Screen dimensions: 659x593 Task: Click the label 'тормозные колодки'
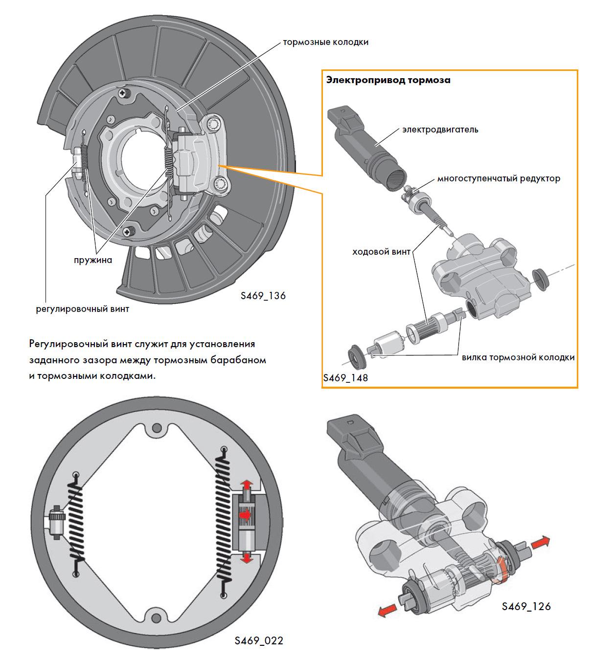(x=325, y=42)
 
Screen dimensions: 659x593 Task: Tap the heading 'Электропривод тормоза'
(x=388, y=80)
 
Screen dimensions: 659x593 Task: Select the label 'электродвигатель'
(x=440, y=130)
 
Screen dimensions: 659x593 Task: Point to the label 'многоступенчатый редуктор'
(x=499, y=178)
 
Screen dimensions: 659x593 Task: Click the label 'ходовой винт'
(x=381, y=252)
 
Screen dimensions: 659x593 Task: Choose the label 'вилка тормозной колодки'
(x=518, y=357)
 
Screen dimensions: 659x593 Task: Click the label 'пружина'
(x=93, y=260)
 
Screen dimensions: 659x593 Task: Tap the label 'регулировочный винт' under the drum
(x=83, y=309)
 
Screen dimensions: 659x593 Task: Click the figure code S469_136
(x=263, y=296)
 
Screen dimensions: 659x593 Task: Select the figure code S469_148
(x=345, y=378)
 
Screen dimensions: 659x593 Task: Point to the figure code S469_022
(x=259, y=640)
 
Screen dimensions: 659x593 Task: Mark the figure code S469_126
(x=526, y=606)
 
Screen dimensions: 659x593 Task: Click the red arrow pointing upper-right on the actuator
(x=540, y=542)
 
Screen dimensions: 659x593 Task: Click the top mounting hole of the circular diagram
(x=157, y=429)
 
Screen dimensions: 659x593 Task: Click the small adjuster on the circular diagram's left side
(x=56, y=523)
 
